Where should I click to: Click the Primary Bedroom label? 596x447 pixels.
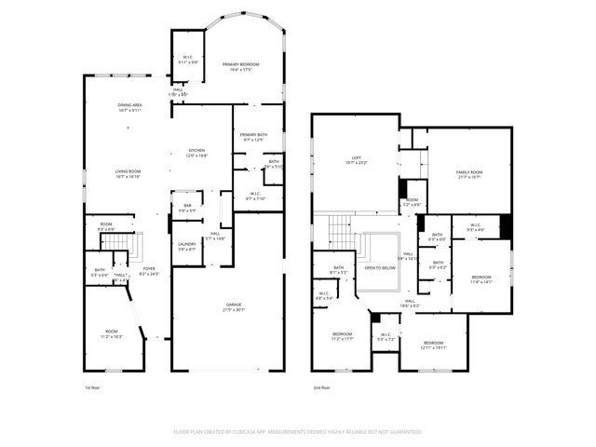[x=240, y=64]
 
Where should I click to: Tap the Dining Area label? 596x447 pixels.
[x=129, y=105]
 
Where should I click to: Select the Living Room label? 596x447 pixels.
[x=128, y=171]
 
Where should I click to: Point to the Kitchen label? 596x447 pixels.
[x=196, y=151]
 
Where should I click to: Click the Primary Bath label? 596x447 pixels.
[x=253, y=136]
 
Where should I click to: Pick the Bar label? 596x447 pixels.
[x=186, y=206]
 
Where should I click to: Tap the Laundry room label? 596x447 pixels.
[x=186, y=244]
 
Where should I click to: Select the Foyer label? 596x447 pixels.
[x=148, y=269]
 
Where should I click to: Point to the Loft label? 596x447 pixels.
[x=356, y=157]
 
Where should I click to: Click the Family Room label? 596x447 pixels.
[x=468, y=172]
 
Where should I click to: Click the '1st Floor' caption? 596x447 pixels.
[x=93, y=386]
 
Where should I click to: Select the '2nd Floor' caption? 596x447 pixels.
[x=322, y=386]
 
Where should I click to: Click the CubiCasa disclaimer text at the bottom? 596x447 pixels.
[x=298, y=432]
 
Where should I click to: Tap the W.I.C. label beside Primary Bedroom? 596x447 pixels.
[x=187, y=58]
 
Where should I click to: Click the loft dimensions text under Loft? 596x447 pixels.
[x=356, y=163]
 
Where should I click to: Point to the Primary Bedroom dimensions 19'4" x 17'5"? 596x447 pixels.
[x=240, y=70]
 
